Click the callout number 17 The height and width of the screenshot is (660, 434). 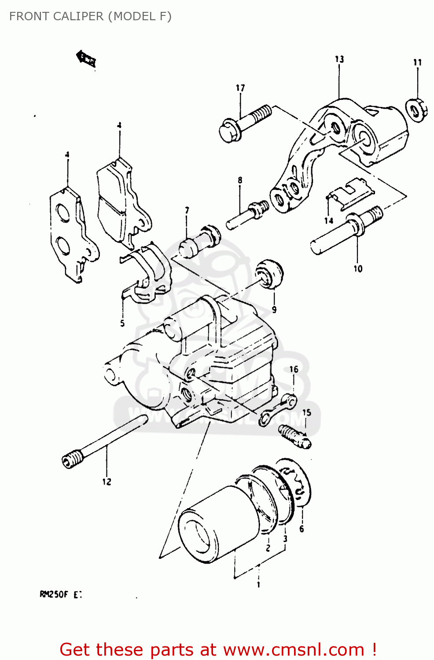(240, 88)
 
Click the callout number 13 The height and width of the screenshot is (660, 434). (339, 59)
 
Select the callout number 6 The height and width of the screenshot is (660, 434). (302, 529)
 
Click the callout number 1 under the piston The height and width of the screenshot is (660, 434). (258, 585)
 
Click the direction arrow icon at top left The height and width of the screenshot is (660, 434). (86, 59)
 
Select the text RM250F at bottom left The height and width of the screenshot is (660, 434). (54, 594)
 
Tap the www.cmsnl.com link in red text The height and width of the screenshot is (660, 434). (294, 650)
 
